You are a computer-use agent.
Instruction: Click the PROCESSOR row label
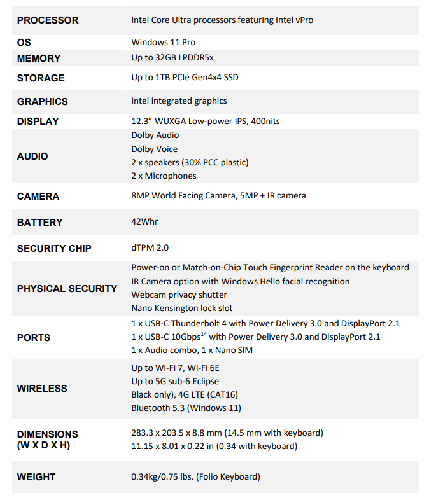point(48,20)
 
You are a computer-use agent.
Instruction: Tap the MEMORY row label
point(39,59)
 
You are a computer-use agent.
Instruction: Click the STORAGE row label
point(41,78)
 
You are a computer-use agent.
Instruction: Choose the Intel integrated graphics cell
point(179,101)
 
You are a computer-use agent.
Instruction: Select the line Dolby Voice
point(155,149)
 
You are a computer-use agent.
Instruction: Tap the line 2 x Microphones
point(164,176)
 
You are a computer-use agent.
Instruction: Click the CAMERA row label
point(38,197)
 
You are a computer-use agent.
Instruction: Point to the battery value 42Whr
point(144,222)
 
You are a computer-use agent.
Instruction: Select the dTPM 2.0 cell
point(150,248)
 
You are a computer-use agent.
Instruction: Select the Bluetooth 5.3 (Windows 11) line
point(186,408)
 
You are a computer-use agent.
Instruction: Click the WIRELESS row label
point(42,388)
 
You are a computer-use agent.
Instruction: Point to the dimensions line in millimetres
point(227,433)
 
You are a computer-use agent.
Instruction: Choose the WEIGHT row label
point(36,476)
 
